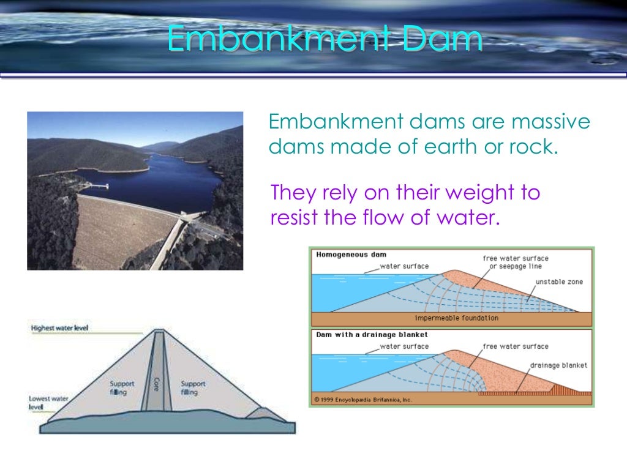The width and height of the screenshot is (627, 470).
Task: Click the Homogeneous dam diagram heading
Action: tap(351, 255)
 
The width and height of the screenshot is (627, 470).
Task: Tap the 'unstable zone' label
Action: tap(559, 282)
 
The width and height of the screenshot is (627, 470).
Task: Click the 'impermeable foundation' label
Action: tap(457, 318)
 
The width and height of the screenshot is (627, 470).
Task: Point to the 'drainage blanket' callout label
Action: tap(558, 365)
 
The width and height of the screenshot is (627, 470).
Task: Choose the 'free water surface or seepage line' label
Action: tap(515, 263)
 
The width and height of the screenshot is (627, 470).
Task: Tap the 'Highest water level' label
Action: tap(59, 328)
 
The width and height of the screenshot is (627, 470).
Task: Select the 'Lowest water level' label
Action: tap(48, 402)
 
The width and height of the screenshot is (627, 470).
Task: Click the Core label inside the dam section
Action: tap(156, 385)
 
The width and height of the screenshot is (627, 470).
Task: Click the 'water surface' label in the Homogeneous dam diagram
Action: tap(404, 266)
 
